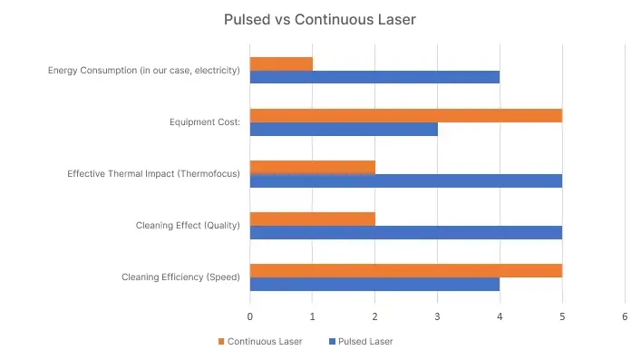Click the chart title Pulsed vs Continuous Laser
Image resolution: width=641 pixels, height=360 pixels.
[x=319, y=19]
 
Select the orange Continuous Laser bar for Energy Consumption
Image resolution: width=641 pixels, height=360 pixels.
[x=281, y=63]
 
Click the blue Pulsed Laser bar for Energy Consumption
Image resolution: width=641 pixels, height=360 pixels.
[x=374, y=77]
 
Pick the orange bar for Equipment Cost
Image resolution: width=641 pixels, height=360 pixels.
[x=405, y=115]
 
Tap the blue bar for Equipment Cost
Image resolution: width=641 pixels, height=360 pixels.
[x=344, y=129]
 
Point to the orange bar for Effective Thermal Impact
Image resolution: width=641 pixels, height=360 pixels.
[x=312, y=167]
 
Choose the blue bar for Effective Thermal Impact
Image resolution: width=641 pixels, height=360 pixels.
[x=405, y=180]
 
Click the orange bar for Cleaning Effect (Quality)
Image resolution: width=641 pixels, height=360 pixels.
[x=312, y=219]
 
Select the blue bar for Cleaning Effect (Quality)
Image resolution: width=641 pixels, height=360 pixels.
[x=405, y=232]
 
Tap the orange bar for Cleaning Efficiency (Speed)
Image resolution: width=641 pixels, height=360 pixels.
[x=405, y=270]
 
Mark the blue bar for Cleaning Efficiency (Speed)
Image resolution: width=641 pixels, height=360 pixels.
[x=374, y=284]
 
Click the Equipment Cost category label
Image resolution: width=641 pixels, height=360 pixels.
[x=205, y=122]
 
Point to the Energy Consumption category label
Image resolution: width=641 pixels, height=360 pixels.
[x=144, y=71]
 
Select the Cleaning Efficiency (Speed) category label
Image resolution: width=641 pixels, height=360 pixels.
[x=180, y=277]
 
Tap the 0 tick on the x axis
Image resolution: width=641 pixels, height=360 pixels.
[x=250, y=316]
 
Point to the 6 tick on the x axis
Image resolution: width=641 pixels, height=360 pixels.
[x=625, y=316]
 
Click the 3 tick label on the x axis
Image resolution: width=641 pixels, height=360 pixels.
[x=437, y=316]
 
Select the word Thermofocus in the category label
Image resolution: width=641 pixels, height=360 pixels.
[x=209, y=174]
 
